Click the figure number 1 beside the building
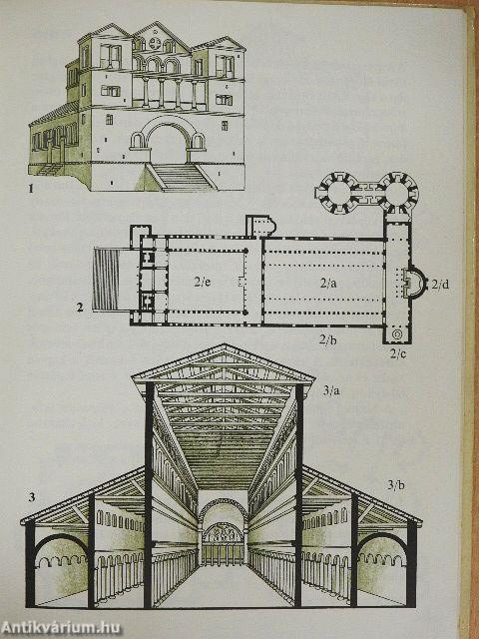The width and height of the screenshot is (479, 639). [x=31, y=189]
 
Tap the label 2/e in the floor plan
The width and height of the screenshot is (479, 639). [x=203, y=282]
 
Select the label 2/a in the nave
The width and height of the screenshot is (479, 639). [x=327, y=284]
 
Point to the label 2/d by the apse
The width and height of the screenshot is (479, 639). [x=440, y=284]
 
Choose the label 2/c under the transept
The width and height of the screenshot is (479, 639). [x=397, y=353]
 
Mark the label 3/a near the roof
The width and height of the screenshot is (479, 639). [x=331, y=391]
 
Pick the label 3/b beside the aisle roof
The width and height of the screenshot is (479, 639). [x=394, y=485]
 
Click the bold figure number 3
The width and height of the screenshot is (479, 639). [x=31, y=497]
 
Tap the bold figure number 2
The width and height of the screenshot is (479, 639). [x=80, y=307]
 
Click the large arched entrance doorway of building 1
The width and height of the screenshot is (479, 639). [x=168, y=140]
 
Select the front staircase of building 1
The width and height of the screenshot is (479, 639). [x=181, y=177]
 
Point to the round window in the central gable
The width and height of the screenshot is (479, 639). [x=155, y=43]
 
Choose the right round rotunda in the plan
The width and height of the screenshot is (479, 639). [x=396, y=193]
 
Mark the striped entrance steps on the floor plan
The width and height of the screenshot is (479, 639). [x=106, y=280]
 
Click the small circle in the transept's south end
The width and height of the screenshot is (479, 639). [x=396, y=334]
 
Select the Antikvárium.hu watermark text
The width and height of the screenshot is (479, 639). [x=61, y=628]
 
